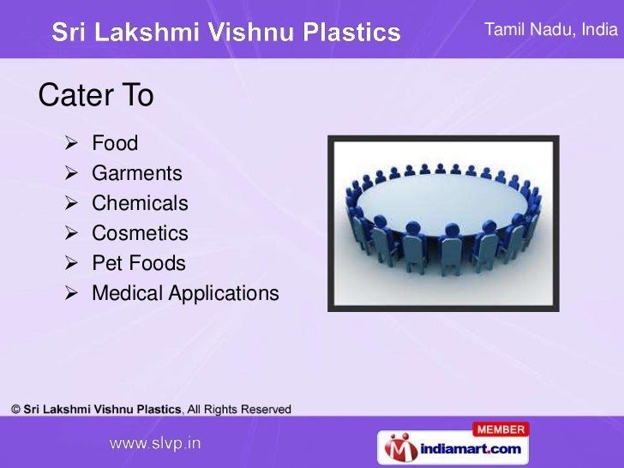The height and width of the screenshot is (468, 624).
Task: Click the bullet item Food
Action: pos(115,143)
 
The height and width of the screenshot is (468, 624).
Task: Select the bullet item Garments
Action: pos(137,174)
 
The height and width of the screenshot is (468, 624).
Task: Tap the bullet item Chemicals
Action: pos(140,204)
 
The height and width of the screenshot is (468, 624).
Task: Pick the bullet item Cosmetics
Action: pos(140,234)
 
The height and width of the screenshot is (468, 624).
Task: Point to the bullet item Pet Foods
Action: pos(138,264)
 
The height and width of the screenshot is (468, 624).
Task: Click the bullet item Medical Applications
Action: pos(185,294)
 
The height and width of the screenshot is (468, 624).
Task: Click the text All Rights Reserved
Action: pos(240,409)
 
